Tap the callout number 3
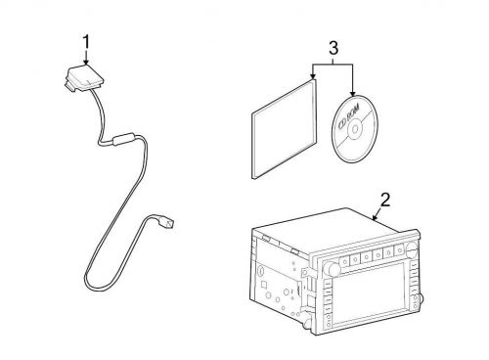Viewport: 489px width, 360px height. tap(333, 48)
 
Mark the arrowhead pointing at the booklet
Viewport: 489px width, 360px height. tap(313, 77)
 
